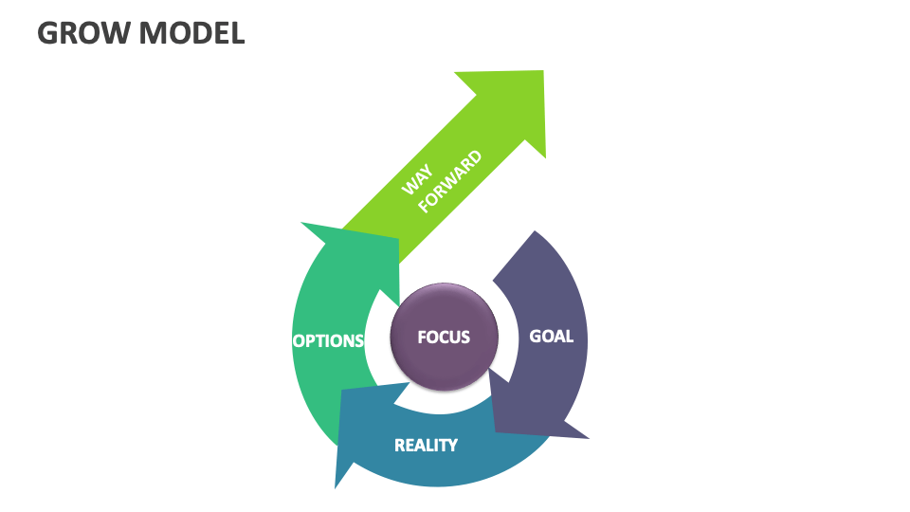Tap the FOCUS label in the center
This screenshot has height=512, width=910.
click(444, 337)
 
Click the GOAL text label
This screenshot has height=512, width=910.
click(551, 336)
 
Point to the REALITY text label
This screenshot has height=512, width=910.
click(426, 444)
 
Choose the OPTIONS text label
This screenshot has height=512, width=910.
click(328, 340)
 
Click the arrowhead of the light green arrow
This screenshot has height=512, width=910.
click(517, 104)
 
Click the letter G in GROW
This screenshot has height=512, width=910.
click(47, 32)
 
